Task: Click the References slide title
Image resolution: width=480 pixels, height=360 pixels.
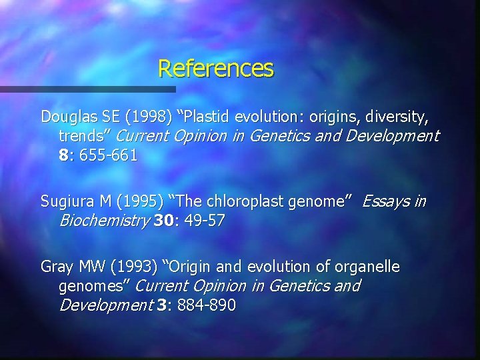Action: (x=216, y=68)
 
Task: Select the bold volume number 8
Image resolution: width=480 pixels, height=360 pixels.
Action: (x=63, y=157)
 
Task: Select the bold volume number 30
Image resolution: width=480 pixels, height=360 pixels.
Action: (x=163, y=221)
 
